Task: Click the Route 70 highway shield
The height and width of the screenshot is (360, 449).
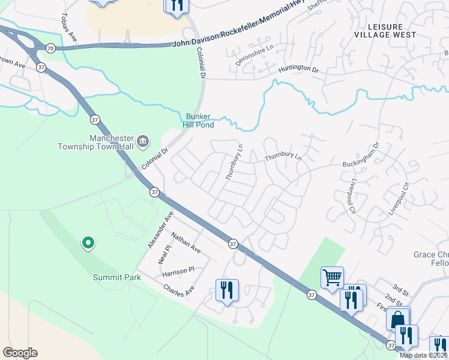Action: tap(50, 48)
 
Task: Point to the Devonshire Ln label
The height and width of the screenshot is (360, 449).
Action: tap(254, 54)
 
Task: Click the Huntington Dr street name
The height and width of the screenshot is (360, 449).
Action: tap(298, 70)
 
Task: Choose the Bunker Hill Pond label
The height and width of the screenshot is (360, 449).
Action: tap(199, 120)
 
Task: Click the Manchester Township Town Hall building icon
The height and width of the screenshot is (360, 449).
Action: tap(143, 142)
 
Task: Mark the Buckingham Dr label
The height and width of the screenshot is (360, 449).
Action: tap(361, 154)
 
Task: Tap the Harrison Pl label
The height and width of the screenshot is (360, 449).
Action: tap(179, 271)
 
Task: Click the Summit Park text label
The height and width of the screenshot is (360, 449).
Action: tap(116, 277)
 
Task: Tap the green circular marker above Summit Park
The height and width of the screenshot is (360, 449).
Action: tap(88, 242)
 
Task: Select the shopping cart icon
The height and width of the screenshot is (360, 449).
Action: tap(332, 277)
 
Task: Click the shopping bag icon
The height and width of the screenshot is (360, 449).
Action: tap(398, 318)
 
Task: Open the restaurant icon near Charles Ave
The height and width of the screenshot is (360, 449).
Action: tap(227, 290)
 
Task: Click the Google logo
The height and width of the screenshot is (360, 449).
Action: tap(20, 353)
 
